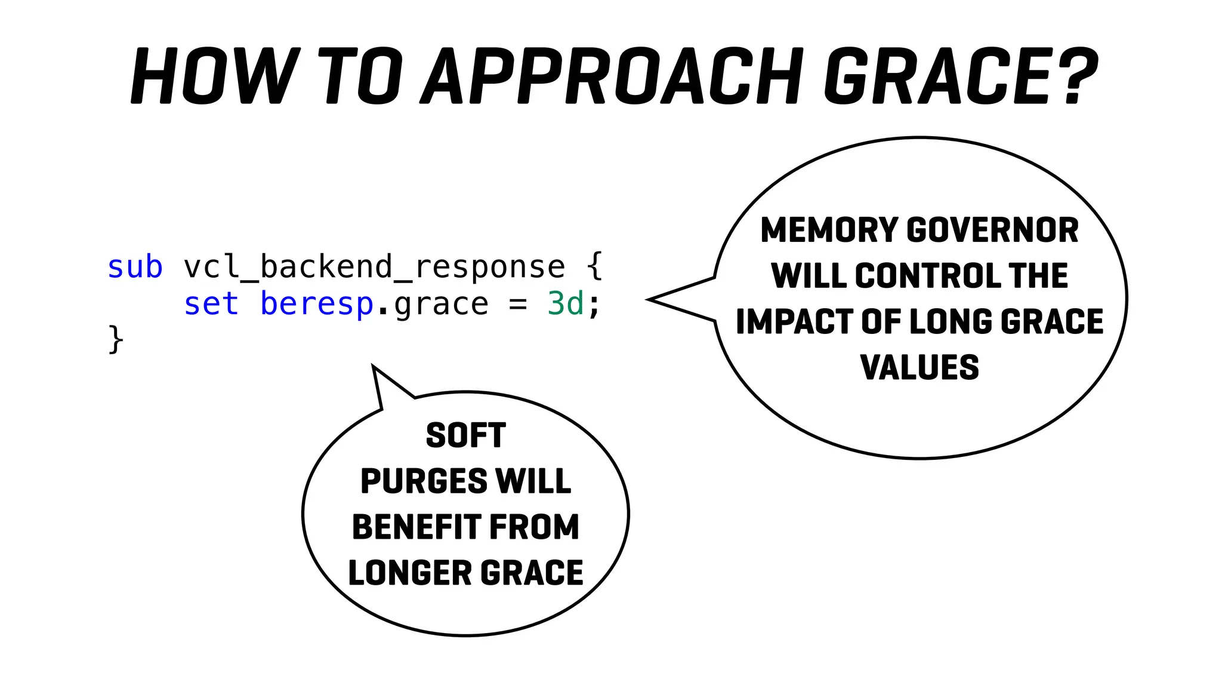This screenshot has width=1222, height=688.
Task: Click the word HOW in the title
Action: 214,76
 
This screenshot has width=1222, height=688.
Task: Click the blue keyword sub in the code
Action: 135,267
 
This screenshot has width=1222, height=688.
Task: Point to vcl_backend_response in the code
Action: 374,267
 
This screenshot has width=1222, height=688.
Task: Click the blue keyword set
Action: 211,304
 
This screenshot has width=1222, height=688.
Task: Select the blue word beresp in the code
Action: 317,304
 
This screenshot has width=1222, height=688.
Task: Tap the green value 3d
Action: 565,304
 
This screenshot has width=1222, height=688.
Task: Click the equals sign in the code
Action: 517,304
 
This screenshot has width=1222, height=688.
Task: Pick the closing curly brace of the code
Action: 116,340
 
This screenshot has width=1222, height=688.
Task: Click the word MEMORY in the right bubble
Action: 829,231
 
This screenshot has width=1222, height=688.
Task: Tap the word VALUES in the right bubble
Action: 919,367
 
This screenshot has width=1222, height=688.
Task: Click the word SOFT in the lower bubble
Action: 466,435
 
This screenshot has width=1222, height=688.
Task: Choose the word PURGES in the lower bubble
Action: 424,481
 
